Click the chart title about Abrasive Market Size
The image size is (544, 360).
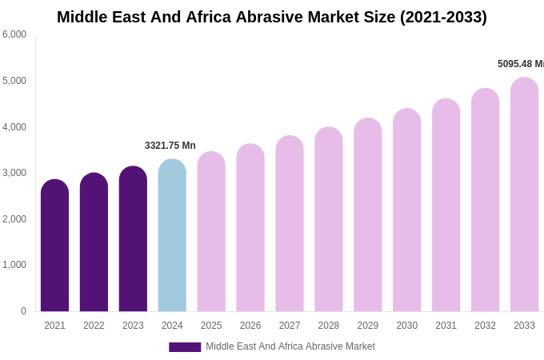point(271,17)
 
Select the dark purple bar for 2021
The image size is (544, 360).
point(54,248)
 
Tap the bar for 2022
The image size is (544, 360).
point(94,244)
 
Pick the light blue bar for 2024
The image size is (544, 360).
point(172,237)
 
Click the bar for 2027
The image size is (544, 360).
point(290,225)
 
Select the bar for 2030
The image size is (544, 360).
point(406,212)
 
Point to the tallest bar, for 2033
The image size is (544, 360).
point(524,196)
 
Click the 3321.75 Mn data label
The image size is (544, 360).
point(170,146)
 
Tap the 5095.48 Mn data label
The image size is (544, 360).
point(520,64)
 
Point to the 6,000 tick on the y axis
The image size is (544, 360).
point(14,34)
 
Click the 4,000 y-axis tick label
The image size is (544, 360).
point(14,127)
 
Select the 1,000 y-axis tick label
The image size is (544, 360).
point(14,265)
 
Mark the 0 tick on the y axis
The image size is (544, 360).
point(23,311)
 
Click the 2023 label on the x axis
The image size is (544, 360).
point(133,326)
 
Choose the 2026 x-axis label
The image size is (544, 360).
point(250,326)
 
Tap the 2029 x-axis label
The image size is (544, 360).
point(368,326)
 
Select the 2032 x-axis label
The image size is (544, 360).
point(485,326)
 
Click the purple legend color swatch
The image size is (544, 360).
point(185,347)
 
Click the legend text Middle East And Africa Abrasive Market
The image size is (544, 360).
point(290,346)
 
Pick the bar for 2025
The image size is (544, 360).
point(211,233)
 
